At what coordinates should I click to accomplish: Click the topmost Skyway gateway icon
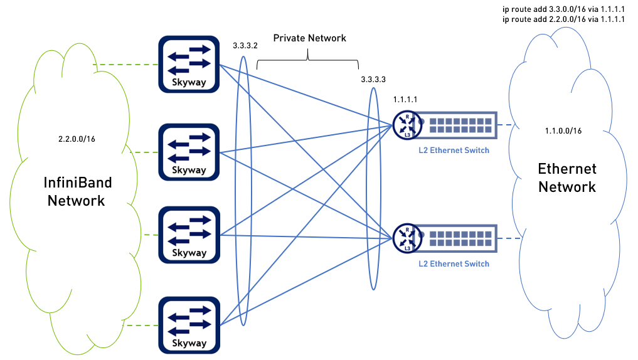click(189, 63)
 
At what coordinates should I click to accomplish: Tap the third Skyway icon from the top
click(189, 234)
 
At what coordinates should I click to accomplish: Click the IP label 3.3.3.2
click(245, 46)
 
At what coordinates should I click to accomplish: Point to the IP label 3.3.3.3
click(373, 80)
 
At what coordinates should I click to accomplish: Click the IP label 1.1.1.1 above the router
click(405, 100)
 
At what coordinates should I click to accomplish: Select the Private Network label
click(309, 38)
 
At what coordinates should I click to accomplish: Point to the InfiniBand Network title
click(78, 191)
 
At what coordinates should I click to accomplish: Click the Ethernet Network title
click(567, 177)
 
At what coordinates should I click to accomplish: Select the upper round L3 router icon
click(407, 124)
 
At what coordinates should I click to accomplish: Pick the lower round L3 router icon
click(407, 238)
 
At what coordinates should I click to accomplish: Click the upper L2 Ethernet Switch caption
click(454, 151)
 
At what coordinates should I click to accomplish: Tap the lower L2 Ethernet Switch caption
click(454, 264)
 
